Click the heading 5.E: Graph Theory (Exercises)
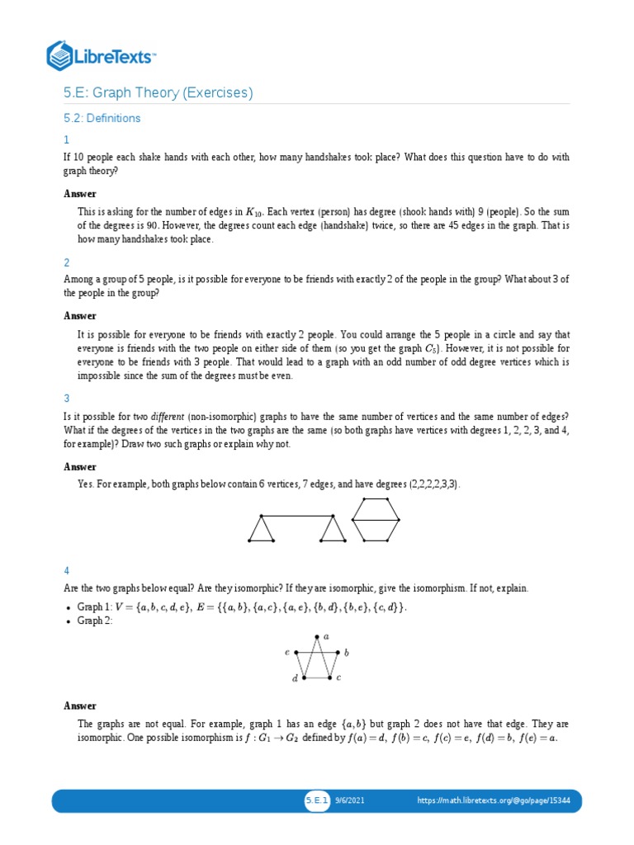click(158, 92)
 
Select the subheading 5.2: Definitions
click(102, 118)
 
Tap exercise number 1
click(67, 140)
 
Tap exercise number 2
click(67, 262)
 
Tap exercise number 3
click(67, 398)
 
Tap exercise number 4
click(67, 571)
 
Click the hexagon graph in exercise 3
click(376, 520)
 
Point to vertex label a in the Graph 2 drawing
click(326, 636)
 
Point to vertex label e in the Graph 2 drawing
click(286, 652)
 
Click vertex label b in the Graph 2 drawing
click(347, 653)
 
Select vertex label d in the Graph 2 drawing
click(295, 679)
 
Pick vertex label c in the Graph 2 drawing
click(338, 677)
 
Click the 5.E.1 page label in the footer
click(317, 800)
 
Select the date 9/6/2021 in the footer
click(350, 800)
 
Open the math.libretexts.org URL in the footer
click(494, 800)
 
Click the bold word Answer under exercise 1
click(80, 194)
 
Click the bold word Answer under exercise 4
click(80, 706)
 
